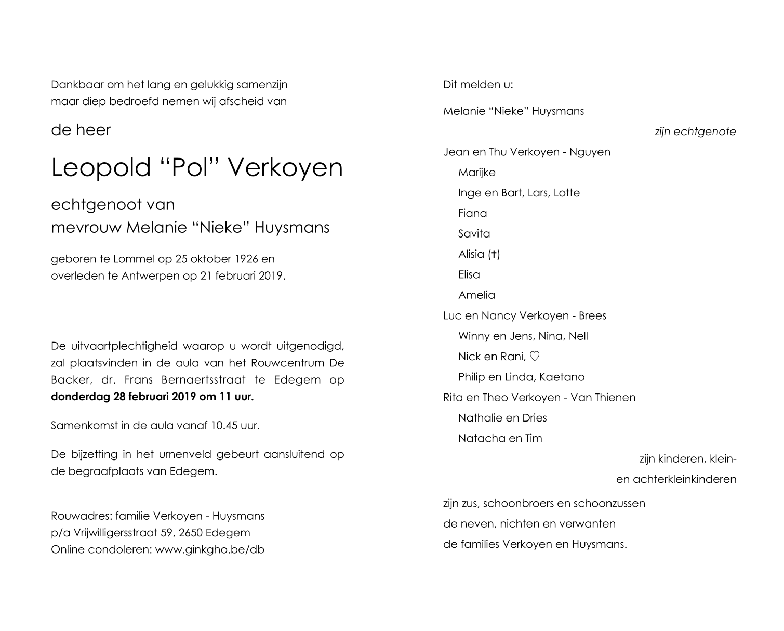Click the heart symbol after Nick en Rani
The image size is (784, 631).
click(x=535, y=357)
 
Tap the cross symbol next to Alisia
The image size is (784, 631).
click(x=494, y=254)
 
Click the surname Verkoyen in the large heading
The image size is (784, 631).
click(x=285, y=168)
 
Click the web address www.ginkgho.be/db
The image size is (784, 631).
click(x=209, y=549)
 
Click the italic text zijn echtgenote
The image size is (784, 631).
click(x=695, y=132)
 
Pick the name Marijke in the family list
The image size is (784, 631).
click(x=476, y=173)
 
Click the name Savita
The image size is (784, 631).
click(x=474, y=234)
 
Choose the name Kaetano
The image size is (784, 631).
click(x=562, y=377)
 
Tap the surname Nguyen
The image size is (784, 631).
click(x=590, y=152)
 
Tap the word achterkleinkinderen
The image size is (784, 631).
click(x=684, y=479)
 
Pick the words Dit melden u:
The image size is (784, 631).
click(x=477, y=85)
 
